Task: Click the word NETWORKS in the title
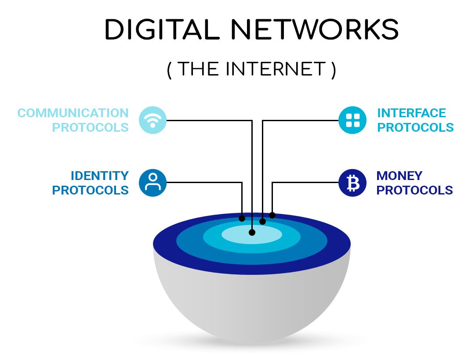coord(315,30)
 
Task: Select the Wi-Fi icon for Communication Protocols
coord(152,120)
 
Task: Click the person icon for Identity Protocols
coord(152,183)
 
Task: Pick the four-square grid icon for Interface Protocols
coord(352,120)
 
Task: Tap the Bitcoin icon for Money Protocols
coord(352,183)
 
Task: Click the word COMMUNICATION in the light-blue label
coord(73,113)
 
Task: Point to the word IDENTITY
coord(100,176)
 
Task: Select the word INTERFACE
coord(412,113)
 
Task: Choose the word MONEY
coord(399,176)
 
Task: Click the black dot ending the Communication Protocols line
coord(252,232)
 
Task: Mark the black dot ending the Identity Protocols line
coord(242,218)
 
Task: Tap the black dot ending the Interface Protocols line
coord(263,221)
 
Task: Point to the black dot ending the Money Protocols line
coord(272,215)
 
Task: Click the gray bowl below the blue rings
coord(252,307)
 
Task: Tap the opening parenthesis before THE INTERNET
coord(170,70)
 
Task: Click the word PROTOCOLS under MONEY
coord(415,190)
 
